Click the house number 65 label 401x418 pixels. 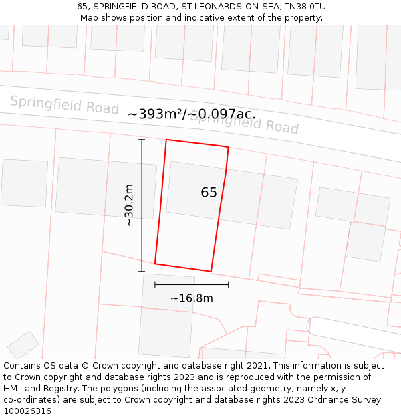click(x=209, y=193)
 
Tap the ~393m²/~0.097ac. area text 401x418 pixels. click(x=191, y=114)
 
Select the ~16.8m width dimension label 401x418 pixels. click(x=191, y=298)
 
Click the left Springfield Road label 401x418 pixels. click(x=64, y=105)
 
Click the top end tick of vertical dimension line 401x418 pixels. click(x=142, y=140)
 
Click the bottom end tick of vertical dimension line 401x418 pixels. click(x=142, y=271)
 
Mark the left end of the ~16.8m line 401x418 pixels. click(x=155, y=284)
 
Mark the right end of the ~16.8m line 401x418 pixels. click(x=229, y=284)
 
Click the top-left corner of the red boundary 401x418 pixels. click(x=166, y=140)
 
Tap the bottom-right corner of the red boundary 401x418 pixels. click(x=211, y=271)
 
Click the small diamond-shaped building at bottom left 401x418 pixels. click(x=23, y=344)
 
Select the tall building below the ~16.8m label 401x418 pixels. click(x=167, y=316)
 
